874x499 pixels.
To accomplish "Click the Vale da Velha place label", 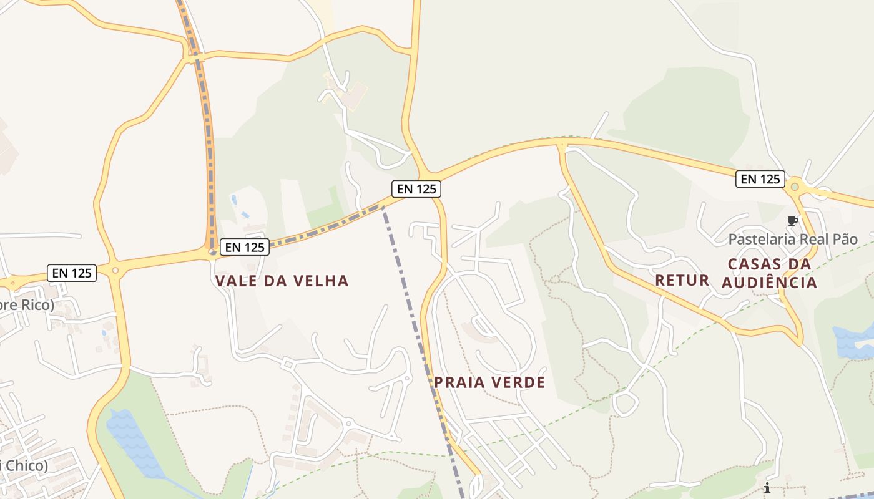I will click(282, 281).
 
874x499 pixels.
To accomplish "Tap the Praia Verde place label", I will click(489, 382).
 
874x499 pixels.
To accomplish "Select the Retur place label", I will click(682, 280).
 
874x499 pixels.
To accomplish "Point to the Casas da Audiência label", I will click(770, 273).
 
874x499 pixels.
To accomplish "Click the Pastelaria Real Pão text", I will click(793, 239).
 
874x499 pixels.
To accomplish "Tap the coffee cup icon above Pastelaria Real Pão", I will click(792, 221).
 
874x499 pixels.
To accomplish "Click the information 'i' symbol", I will click(767, 487).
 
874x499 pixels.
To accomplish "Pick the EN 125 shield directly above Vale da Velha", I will click(245, 247).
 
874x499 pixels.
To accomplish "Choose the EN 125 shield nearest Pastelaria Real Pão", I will click(760, 179).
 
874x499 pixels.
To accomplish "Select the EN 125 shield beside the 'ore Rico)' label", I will click(72, 273).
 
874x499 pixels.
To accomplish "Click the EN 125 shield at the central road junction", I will click(416, 188).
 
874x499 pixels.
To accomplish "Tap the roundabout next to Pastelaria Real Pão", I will click(795, 186).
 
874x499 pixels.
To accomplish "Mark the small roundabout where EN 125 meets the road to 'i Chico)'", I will click(115, 270).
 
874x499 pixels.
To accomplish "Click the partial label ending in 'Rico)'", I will click(26, 306).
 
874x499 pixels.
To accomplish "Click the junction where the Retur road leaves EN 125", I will click(562, 145).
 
